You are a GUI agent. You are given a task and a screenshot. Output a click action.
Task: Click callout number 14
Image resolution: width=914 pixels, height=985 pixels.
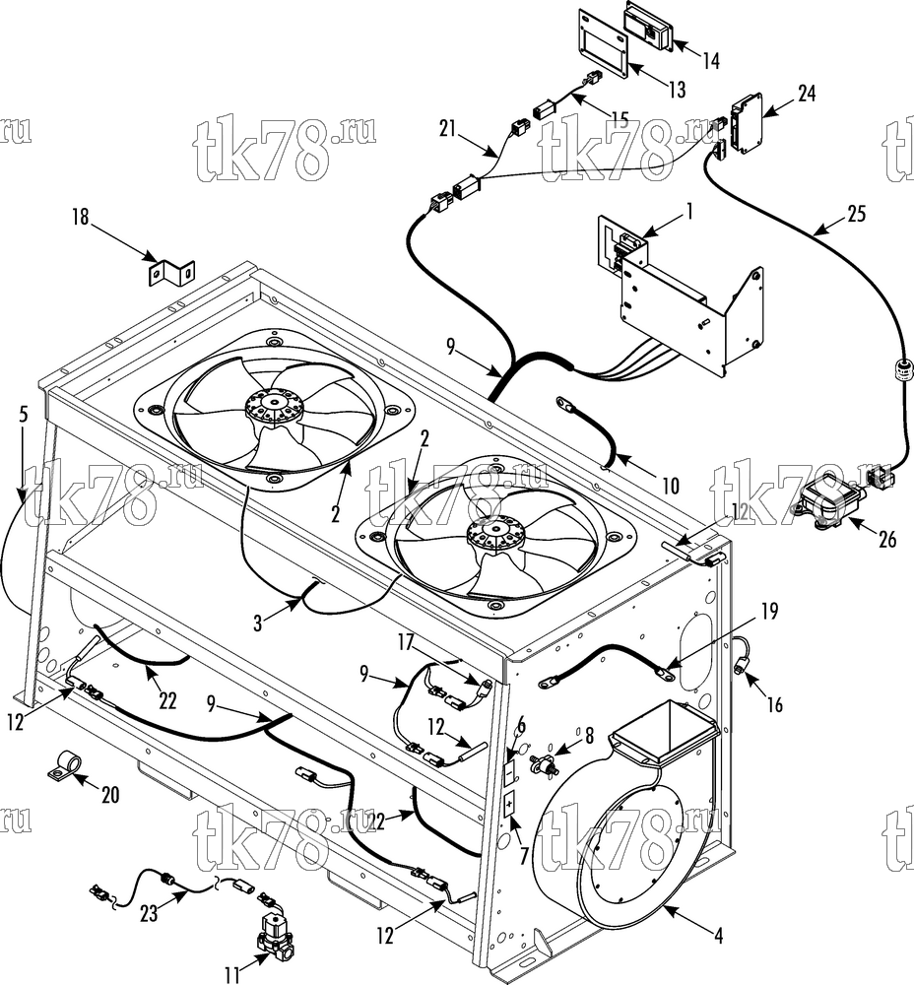click(x=710, y=60)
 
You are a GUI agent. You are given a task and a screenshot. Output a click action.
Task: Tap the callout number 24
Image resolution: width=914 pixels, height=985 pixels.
click(x=807, y=93)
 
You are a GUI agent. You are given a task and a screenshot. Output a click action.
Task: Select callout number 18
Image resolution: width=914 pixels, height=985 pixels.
click(x=81, y=218)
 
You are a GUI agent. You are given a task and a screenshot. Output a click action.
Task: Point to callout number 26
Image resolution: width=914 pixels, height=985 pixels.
click(x=886, y=539)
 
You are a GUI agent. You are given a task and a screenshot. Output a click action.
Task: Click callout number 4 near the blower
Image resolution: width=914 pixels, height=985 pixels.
click(x=719, y=936)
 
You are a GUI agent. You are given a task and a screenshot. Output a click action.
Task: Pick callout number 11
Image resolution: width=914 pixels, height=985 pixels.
click(x=232, y=974)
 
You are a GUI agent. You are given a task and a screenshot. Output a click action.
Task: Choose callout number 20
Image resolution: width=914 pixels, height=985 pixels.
click(x=110, y=795)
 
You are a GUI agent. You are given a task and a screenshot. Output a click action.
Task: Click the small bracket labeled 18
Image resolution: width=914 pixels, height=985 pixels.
click(x=171, y=272)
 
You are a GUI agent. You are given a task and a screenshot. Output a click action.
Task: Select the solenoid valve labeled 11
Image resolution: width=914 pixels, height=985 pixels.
click(x=275, y=929)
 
